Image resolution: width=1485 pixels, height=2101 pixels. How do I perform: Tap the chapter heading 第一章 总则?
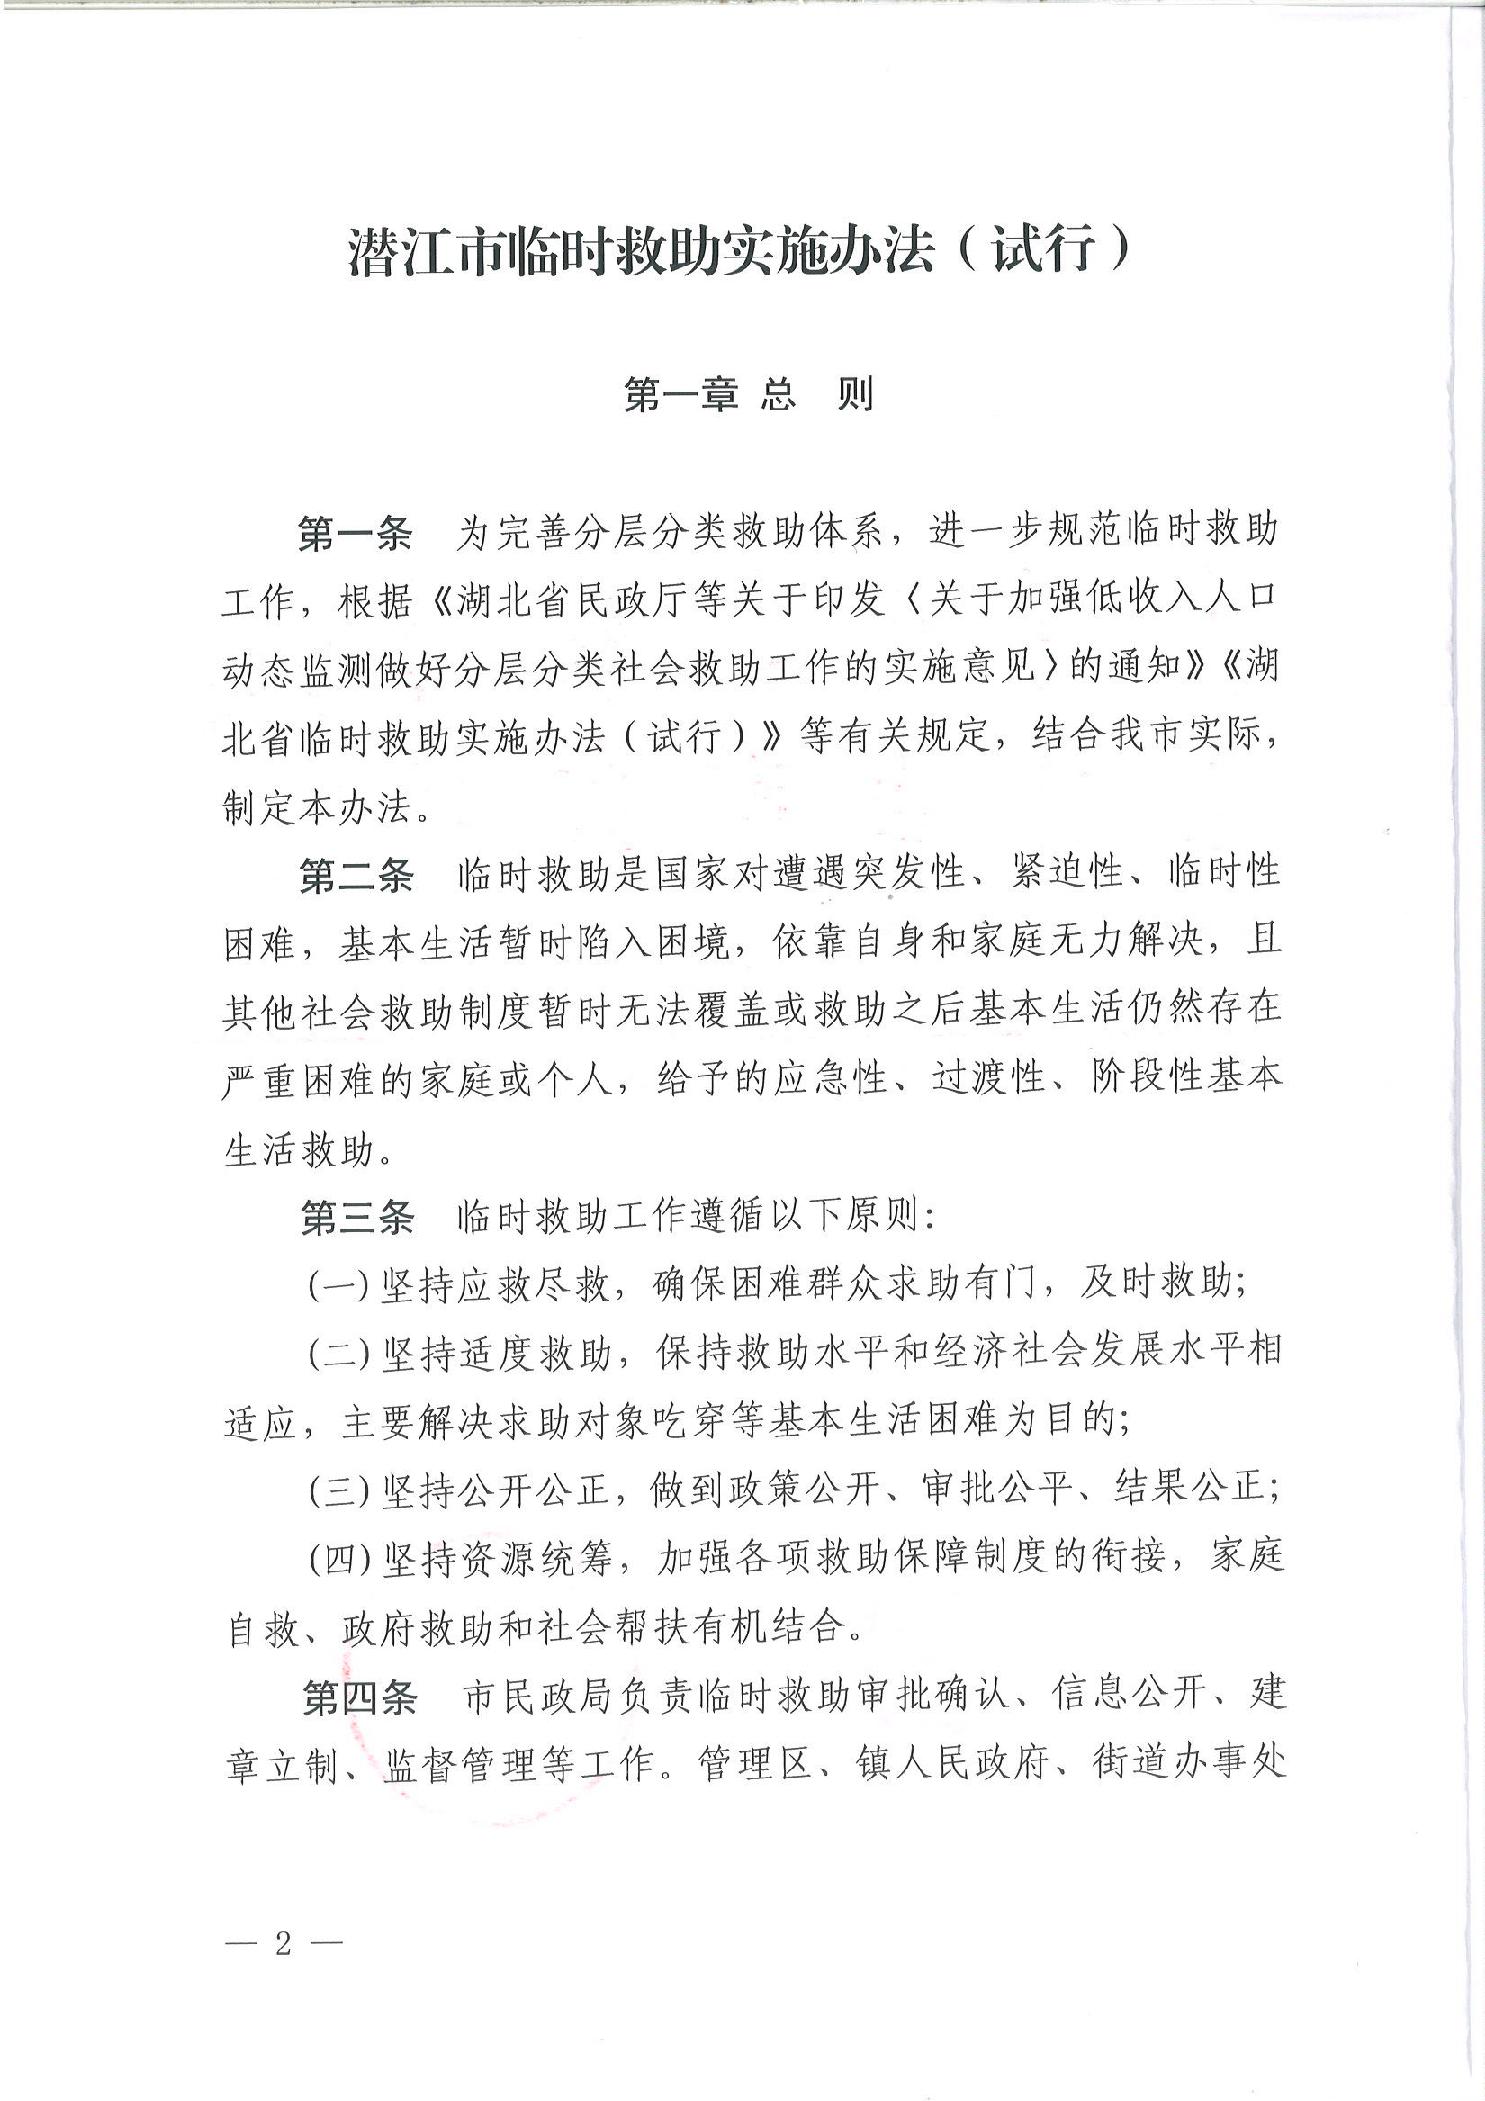click(x=748, y=395)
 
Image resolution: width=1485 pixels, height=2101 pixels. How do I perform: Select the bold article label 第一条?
click(x=356, y=533)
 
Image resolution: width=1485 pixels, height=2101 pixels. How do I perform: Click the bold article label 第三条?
click(x=356, y=1219)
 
